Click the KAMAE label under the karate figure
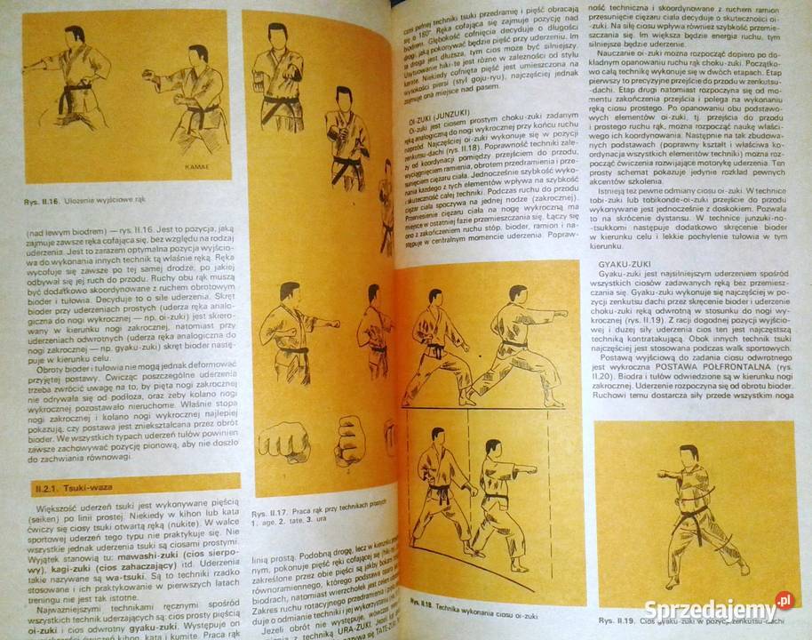pos(196,165)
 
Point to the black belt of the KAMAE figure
pos(206,116)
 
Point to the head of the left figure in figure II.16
pos(75,36)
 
